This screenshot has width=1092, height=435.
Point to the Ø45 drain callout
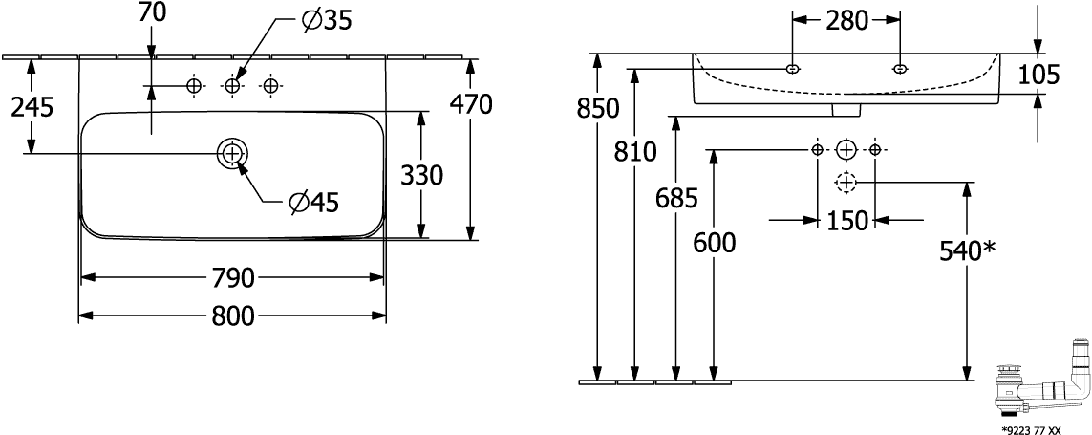tap(313, 202)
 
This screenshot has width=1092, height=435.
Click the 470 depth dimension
tap(471, 103)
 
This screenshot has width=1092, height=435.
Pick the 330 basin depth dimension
tap(420, 176)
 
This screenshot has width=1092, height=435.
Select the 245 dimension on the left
tap(32, 107)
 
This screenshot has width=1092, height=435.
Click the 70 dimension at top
tap(152, 12)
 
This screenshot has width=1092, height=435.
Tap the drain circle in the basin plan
tap(232, 153)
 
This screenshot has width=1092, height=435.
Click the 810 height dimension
tap(636, 151)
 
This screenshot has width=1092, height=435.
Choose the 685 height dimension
tap(676, 199)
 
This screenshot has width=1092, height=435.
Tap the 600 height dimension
tap(715, 243)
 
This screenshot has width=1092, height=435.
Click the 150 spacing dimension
tap(847, 221)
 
